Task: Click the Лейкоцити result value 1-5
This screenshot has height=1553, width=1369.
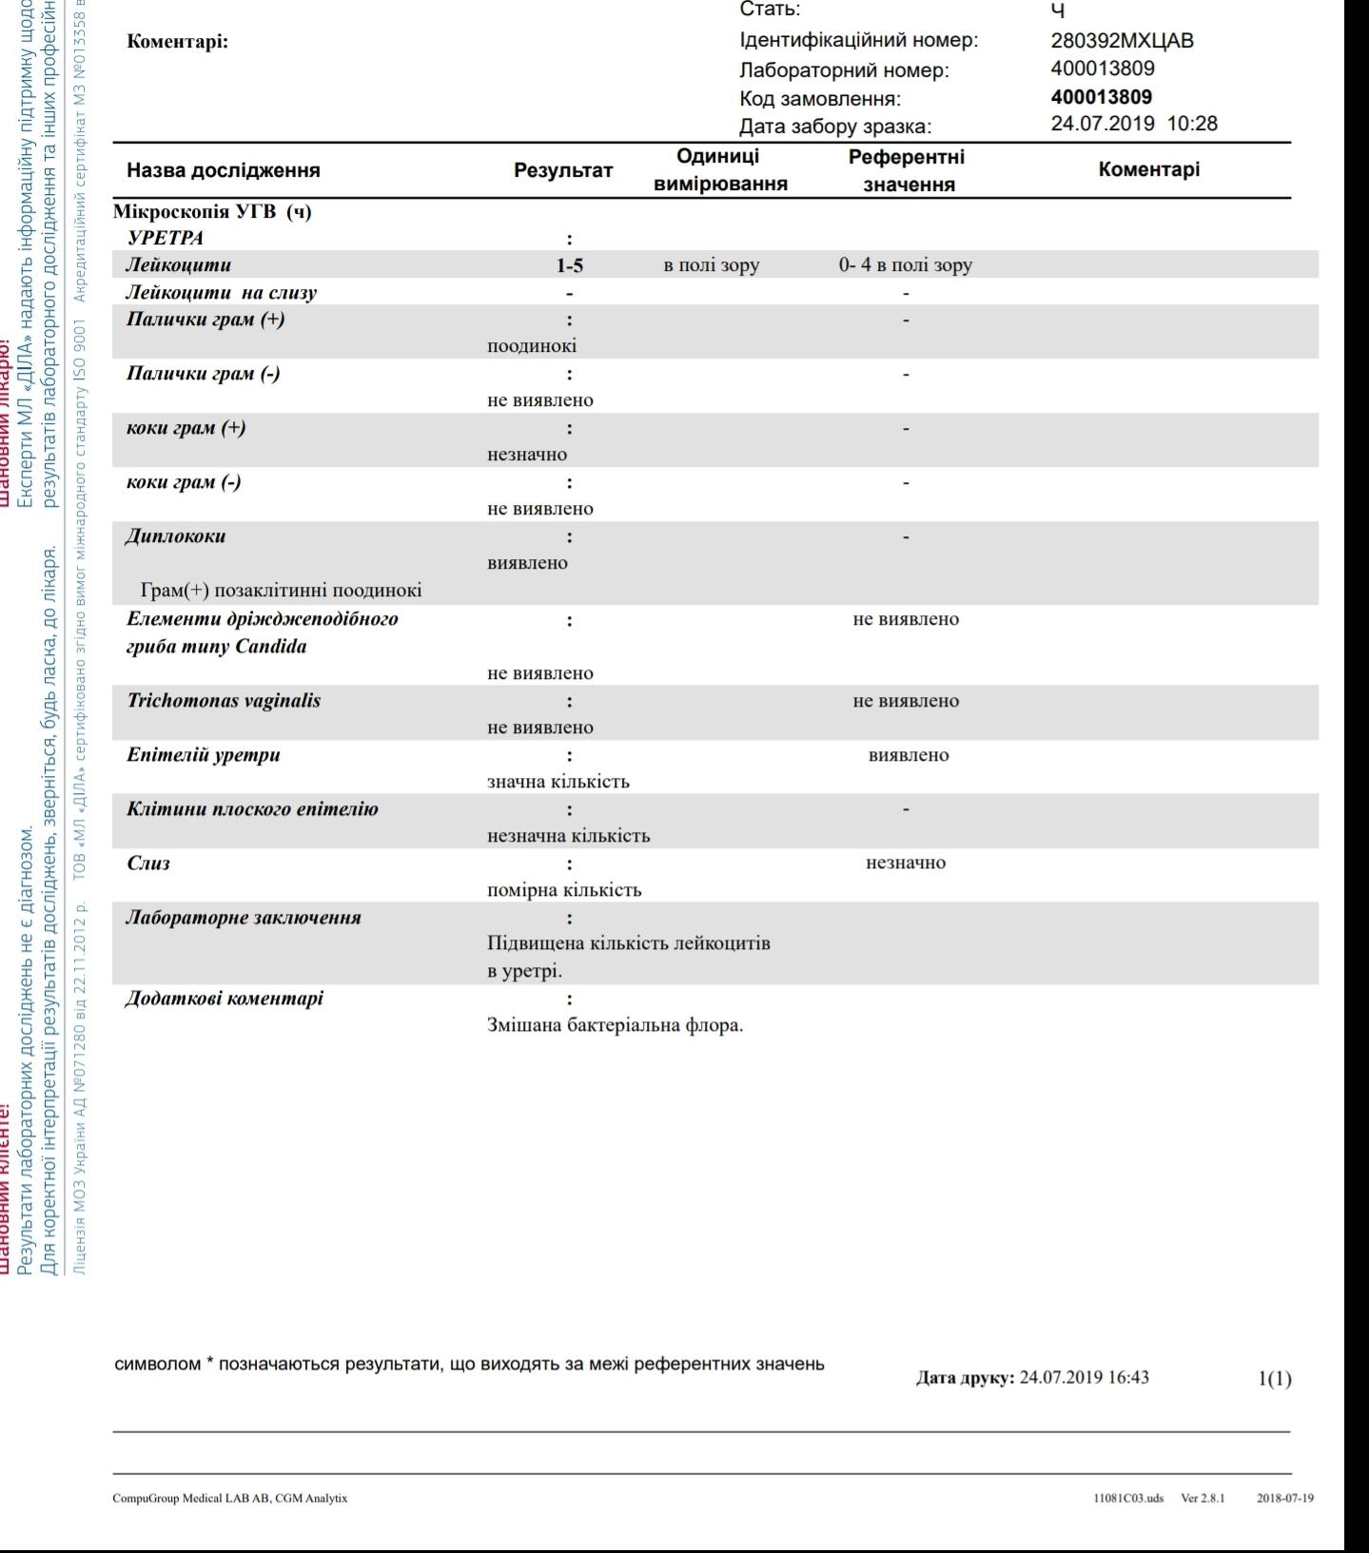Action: pyautogui.click(x=569, y=265)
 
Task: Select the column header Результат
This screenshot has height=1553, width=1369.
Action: pyautogui.click(x=563, y=170)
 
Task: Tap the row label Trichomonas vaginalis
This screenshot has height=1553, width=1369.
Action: pyautogui.click(x=224, y=701)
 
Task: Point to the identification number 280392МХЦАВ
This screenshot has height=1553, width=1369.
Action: pyautogui.click(x=1122, y=41)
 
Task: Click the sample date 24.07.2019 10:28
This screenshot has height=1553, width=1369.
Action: pyautogui.click(x=1133, y=124)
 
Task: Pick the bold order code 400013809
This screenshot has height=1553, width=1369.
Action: pyautogui.click(x=1101, y=97)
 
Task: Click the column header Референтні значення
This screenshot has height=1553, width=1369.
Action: pyautogui.click(x=907, y=170)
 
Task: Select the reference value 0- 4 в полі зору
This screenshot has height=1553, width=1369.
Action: pyautogui.click(x=905, y=265)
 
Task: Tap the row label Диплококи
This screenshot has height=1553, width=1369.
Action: pyautogui.click(x=176, y=536)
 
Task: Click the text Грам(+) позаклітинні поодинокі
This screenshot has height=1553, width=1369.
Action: pyautogui.click(x=280, y=591)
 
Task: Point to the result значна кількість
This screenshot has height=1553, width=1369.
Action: pyautogui.click(x=557, y=782)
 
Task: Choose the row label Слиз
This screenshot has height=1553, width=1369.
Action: pyautogui.click(x=147, y=864)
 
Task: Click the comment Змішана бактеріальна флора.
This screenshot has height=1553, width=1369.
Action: pyautogui.click(x=615, y=1025)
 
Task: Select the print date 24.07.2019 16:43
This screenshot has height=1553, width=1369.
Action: pyautogui.click(x=1084, y=1377)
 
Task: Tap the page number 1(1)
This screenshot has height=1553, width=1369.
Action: pyautogui.click(x=1275, y=1378)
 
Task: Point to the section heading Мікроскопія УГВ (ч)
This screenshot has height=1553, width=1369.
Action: pyautogui.click(x=212, y=211)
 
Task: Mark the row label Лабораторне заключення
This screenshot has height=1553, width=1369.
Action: pyautogui.click(x=244, y=918)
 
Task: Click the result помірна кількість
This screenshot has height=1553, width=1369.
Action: pyautogui.click(x=564, y=890)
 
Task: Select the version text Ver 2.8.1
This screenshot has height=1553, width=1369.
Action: pyautogui.click(x=1203, y=1499)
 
